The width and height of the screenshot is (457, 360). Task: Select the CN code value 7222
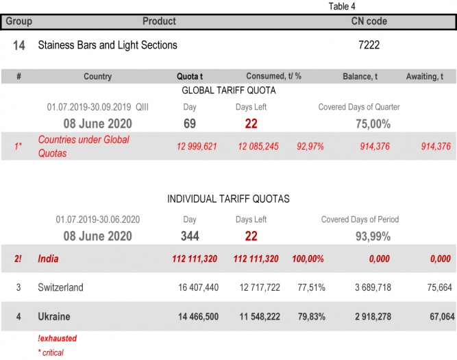click(369, 45)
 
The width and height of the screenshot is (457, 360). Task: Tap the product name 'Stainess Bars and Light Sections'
click(108, 45)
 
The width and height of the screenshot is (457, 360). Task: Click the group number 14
click(19, 46)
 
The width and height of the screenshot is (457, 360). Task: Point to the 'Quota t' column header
click(190, 77)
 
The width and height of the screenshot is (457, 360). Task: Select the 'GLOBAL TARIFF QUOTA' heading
click(228, 90)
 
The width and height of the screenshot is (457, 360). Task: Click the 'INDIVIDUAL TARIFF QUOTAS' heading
click(228, 199)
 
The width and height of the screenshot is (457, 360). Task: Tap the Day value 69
click(190, 123)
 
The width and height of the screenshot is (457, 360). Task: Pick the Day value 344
click(190, 237)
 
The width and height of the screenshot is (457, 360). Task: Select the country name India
click(49, 259)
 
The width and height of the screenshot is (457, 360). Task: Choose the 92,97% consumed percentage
click(310, 146)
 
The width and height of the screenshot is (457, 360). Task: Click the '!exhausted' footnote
click(57, 339)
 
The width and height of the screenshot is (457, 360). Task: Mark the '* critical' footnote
click(51, 352)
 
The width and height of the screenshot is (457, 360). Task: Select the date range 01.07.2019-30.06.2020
click(97, 220)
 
